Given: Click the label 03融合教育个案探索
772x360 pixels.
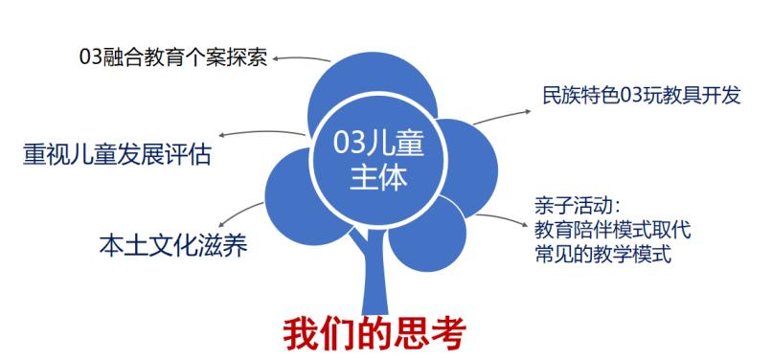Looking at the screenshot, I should [173, 56].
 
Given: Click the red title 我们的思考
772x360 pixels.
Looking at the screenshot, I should [375, 331].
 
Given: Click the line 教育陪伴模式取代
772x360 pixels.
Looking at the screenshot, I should [612, 231].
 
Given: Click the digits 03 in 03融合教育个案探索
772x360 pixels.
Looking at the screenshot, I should [91, 56].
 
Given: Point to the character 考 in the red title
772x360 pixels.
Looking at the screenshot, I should [445, 331].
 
